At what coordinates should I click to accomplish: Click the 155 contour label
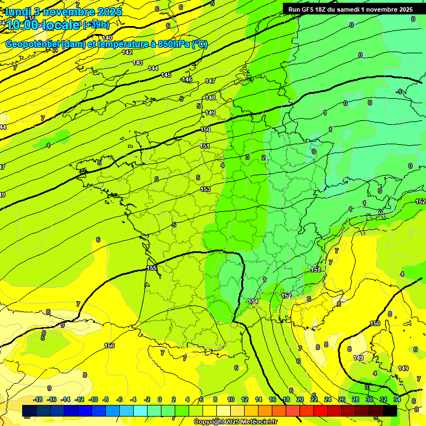coord(151,268)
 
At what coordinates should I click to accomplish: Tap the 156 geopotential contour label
coord(109,346)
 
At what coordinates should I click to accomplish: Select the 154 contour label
coord(253,301)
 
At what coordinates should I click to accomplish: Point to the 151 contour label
coord(205,146)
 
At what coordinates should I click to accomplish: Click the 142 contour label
coord(127,52)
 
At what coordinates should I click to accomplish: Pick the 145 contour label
coord(166,75)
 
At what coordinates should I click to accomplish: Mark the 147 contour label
coord(210,81)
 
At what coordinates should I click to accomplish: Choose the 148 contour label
coord(210,98)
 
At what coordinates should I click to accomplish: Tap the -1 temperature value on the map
coord(399,92)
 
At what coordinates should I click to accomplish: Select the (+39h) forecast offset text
coord(96,24)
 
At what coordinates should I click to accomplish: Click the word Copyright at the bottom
coord(210,422)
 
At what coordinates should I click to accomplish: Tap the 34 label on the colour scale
coord(397,399)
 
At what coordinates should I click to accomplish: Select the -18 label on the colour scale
coord(38,399)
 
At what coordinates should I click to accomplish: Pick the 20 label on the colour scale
coord(300,399)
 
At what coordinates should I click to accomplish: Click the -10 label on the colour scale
coord(93,399)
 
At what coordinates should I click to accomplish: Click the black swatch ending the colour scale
coord(390,410)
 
